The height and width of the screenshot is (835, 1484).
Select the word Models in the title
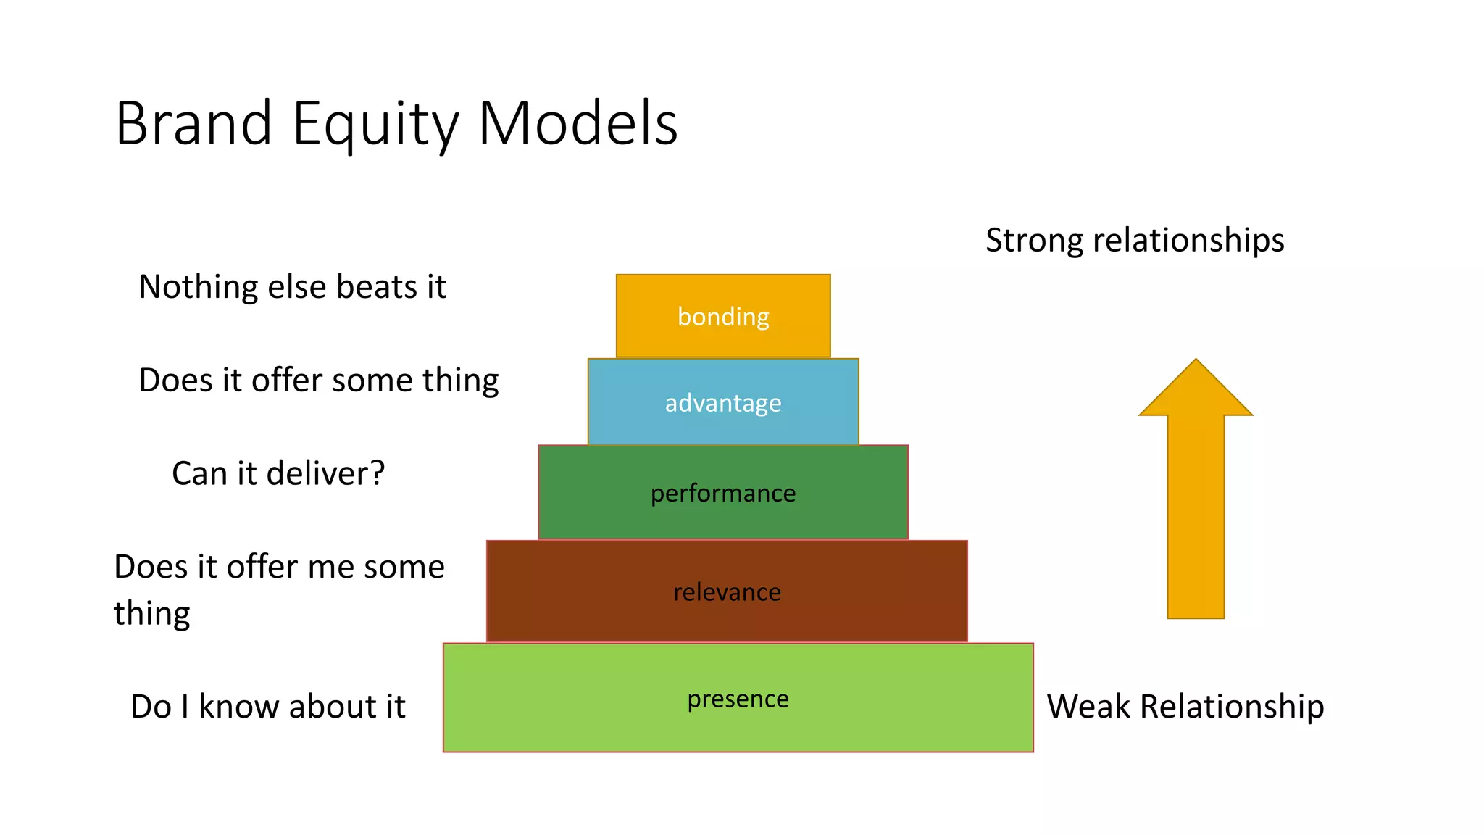(578, 123)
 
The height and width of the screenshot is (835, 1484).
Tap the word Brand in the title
(193, 123)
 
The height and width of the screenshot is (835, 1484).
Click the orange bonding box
(723, 316)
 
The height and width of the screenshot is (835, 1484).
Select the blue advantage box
(723, 402)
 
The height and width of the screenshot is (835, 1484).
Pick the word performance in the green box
(723, 493)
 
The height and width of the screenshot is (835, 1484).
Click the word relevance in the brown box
(727, 592)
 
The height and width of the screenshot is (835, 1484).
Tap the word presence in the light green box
(738, 699)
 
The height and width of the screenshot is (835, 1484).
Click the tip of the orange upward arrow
(1196, 362)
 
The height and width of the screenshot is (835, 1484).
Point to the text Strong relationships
(1135, 240)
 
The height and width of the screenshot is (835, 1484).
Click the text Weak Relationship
(1185, 706)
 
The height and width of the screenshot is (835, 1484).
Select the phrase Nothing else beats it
(292, 287)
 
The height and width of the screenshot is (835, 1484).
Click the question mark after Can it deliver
(378, 473)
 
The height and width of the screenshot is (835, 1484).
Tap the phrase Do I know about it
(267, 707)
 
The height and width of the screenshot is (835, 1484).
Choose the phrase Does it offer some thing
(319, 381)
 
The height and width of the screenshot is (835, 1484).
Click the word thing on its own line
(151, 614)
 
